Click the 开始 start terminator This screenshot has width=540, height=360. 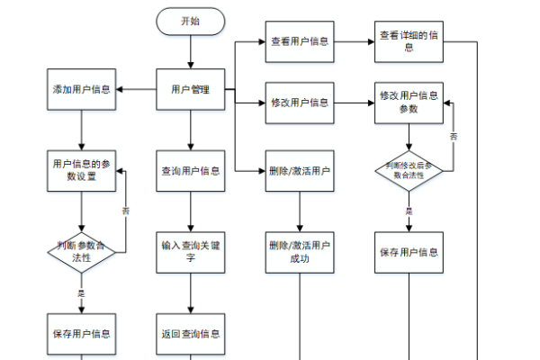pyautogui.click(x=190, y=22)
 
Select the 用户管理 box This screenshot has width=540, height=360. pyautogui.click(x=190, y=89)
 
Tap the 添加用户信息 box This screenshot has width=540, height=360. pyautogui.click(x=82, y=89)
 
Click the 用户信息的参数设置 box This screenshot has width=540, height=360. pyautogui.click(x=82, y=170)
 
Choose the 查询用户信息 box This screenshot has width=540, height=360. pyautogui.click(x=190, y=170)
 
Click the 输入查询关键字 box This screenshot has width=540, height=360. pyautogui.click(x=190, y=251)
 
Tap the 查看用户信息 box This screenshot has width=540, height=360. pyautogui.click(x=299, y=41)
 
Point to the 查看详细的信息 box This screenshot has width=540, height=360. pyautogui.click(x=409, y=36)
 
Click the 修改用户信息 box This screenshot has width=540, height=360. pyautogui.click(x=299, y=103)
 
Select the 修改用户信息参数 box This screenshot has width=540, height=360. pyautogui.click(x=409, y=103)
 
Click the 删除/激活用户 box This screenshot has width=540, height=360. pyautogui.click(x=299, y=170)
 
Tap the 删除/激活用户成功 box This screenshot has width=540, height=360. pyautogui.click(x=299, y=251)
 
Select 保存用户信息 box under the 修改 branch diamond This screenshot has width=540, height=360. pyautogui.click(x=409, y=251)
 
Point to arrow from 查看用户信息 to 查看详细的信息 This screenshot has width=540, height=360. pyautogui.click(x=355, y=41)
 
